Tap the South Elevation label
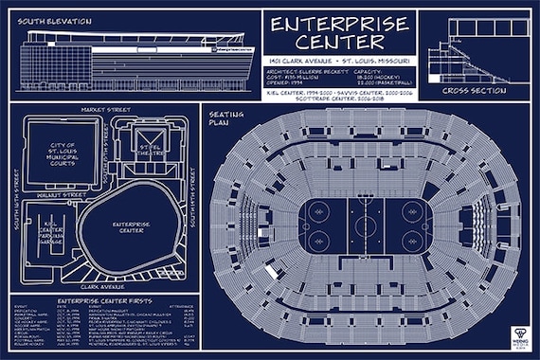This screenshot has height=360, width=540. coord(54,20)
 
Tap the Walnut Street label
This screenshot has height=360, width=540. coord(62,194)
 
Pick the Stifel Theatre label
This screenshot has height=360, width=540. coord(152,148)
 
